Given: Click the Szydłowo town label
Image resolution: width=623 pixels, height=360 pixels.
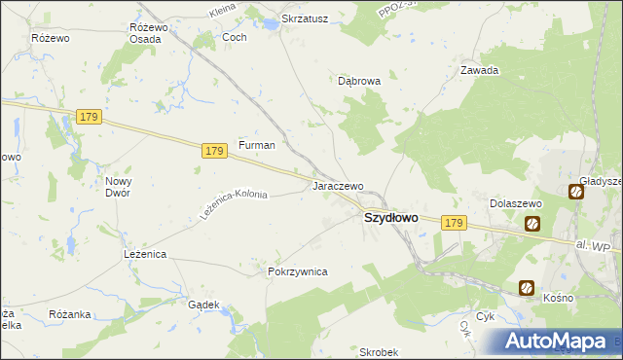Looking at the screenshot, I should pos(390,219).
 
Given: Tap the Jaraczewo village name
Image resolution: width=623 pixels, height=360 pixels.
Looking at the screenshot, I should pos(337,186).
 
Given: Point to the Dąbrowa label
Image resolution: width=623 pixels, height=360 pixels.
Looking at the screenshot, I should pos(359,82).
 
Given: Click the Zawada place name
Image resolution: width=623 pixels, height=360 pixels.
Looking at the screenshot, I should pos(479,70).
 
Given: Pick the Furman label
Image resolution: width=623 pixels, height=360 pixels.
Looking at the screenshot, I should pos(257,145).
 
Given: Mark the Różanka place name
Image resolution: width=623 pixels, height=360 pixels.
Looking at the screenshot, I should pos(69,315).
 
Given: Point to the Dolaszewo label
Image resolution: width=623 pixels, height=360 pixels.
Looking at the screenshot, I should pos(514,202).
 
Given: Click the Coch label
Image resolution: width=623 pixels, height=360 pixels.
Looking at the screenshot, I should pos(235,37).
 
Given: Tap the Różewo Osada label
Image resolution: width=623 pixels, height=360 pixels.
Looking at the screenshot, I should pos(149,33).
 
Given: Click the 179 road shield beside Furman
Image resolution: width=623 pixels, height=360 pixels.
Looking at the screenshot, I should pos(216,151).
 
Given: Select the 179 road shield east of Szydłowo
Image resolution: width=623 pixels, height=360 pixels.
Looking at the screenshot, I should pos(453,223).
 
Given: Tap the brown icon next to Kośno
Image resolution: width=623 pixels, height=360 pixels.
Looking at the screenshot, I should pos(527,288).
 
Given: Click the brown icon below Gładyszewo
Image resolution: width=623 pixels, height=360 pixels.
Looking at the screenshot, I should pos(576,193).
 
